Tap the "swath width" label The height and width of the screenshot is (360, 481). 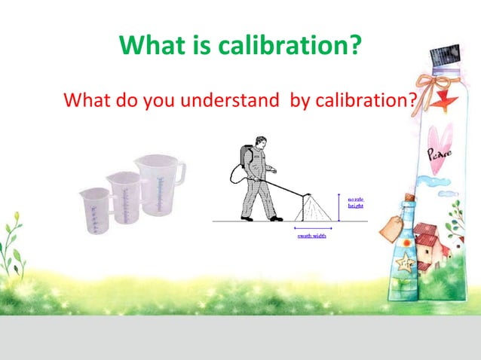coord(311,236)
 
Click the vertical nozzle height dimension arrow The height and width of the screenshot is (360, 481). coord(339,206)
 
